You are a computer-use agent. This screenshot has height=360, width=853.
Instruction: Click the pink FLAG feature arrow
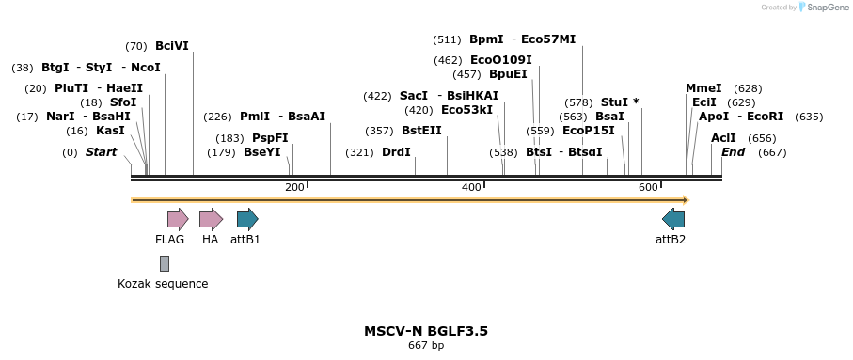(x=178, y=220)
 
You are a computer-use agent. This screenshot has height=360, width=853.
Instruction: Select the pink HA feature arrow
(x=211, y=220)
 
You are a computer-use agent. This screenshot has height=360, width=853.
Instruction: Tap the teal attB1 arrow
(x=247, y=220)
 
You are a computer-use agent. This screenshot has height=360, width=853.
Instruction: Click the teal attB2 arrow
(x=673, y=220)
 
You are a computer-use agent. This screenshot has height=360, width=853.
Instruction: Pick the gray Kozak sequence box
(x=165, y=263)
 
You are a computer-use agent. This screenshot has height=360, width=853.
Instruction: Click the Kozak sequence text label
(x=163, y=283)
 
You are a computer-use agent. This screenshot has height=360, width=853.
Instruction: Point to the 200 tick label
(x=293, y=188)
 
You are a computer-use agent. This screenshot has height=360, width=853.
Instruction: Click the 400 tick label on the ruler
(x=470, y=188)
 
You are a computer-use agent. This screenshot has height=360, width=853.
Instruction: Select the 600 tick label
(x=647, y=188)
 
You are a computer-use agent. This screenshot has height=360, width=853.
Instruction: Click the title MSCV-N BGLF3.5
(x=426, y=331)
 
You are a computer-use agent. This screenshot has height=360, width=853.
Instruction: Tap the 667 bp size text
(x=426, y=346)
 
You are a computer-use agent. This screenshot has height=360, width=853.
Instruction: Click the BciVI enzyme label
(x=172, y=46)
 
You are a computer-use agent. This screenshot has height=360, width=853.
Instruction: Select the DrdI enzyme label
(x=396, y=152)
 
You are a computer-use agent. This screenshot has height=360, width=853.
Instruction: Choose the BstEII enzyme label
(x=421, y=131)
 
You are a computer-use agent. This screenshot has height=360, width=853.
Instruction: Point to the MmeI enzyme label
(x=703, y=88)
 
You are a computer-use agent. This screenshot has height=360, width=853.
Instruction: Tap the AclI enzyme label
(x=723, y=138)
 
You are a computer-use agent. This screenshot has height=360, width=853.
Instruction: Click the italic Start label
(x=102, y=152)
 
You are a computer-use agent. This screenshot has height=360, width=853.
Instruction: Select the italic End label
(x=733, y=152)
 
